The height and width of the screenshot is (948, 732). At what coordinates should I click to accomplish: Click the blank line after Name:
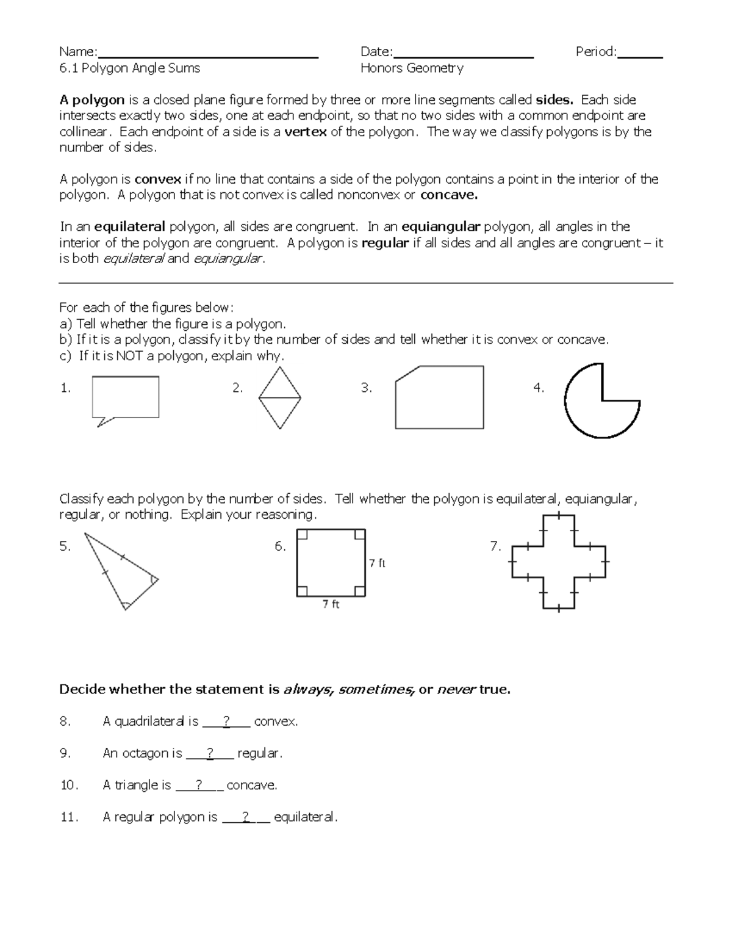pyautogui.click(x=208, y=54)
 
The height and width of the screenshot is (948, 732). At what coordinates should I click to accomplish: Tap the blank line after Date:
pyautogui.click(x=464, y=54)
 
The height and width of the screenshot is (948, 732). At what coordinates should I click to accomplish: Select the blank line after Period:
pyautogui.click(x=640, y=54)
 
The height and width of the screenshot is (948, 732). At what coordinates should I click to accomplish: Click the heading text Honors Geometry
pyautogui.click(x=412, y=68)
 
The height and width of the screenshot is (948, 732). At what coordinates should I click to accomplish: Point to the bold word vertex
pyautogui.click(x=306, y=132)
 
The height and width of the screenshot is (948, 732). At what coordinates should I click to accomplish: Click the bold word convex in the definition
pyautogui.click(x=158, y=179)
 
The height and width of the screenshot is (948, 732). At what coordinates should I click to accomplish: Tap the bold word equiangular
pyautogui.click(x=441, y=227)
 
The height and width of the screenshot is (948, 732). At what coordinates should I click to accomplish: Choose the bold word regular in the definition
pyautogui.click(x=385, y=243)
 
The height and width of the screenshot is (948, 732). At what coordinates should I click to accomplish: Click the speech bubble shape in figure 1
pyautogui.click(x=126, y=397)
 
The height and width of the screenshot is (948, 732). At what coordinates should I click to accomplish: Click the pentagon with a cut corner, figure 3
pyautogui.click(x=439, y=398)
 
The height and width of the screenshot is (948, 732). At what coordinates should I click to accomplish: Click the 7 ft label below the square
pyautogui.click(x=331, y=604)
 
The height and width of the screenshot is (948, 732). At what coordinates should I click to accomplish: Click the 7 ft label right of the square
pyautogui.click(x=378, y=563)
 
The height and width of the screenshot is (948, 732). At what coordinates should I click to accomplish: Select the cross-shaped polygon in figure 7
pyautogui.click(x=558, y=562)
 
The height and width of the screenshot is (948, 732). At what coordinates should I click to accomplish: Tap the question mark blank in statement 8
pyautogui.click(x=226, y=722)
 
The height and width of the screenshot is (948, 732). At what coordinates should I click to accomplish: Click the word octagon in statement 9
pyautogui.click(x=142, y=753)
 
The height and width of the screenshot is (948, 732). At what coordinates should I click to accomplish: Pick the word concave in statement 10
pyautogui.click(x=251, y=785)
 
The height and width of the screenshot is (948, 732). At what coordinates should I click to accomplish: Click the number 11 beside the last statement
pyautogui.click(x=69, y=817)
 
